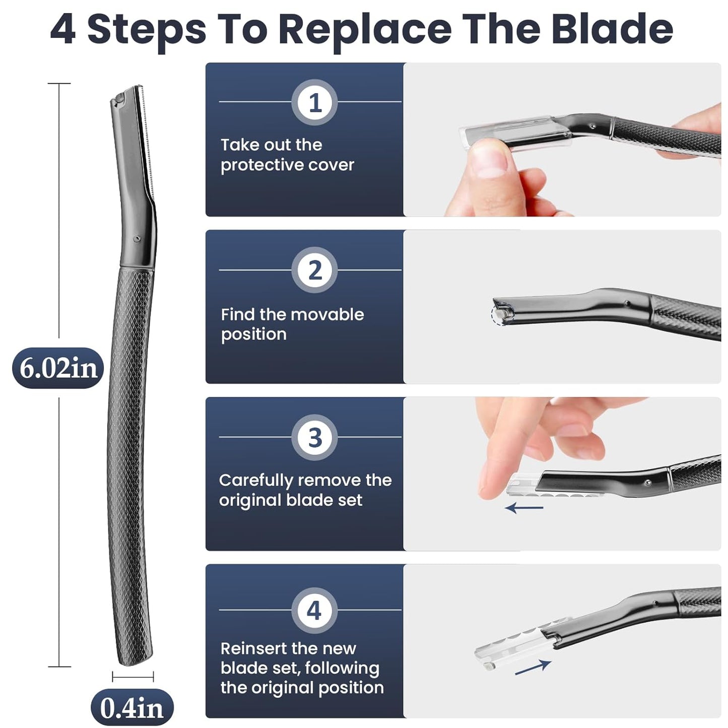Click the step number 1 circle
point(314,103)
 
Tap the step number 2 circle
point(314,270)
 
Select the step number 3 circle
point(314,437)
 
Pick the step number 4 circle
point(314,611)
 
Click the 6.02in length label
point(58,368)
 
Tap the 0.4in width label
point(132,707)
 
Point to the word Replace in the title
point(365,29)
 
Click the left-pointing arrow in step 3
point(524,507)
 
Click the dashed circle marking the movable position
point(498,315)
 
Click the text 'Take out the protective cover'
point(287,155)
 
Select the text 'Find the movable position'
point(292,324)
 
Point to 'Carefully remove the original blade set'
point(305,490)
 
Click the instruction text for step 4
point(302,668)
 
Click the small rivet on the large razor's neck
point(137,238)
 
